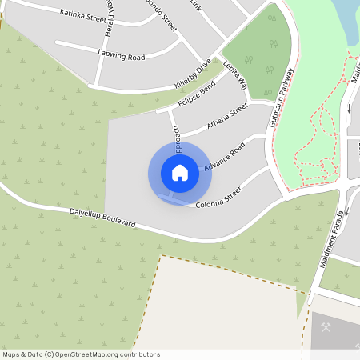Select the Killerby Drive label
click(x=193, y=73)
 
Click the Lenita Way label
click(x=236, y=75)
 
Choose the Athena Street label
click(x=227, y=116)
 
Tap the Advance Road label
click(x=224, y=156)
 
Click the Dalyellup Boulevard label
click(x=102, y=217)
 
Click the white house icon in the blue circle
click(x=179, y=173)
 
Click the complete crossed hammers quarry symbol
click(x=326, y=327)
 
